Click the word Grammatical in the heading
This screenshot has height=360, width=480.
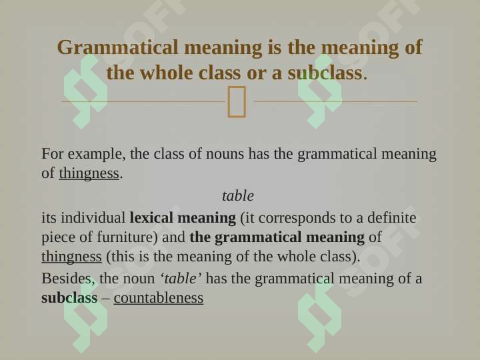(117, 48)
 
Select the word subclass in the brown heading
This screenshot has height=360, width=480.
(327, 73)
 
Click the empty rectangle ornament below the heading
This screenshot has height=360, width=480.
(237, 101)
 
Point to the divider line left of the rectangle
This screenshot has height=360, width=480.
(144, 101)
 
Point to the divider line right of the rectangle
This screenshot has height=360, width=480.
(336, 101)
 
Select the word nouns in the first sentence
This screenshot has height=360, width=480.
(225, 154)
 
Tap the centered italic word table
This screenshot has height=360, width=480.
(238, 196)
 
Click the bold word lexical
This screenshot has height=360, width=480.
(151, 218)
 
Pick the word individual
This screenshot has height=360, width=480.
(93, 218)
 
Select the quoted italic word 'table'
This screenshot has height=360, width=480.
(181, 279)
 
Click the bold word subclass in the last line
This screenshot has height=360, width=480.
(69, 298)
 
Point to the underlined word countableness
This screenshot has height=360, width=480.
(158, 298)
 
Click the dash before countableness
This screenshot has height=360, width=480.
(105, 299)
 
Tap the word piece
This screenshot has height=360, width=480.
(58, 238)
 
